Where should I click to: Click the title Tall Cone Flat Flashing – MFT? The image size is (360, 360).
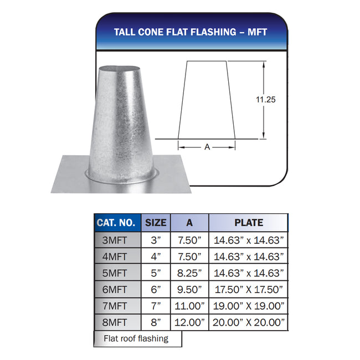tap(191, 32)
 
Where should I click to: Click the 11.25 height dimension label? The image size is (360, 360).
tap(265, 100)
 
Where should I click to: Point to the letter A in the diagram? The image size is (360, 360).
tap(207, 147)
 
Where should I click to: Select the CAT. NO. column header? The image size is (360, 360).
tap(116, 223)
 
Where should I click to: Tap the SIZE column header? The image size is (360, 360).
tap(156, 223)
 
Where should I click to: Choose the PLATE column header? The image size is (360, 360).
tap(249, 223)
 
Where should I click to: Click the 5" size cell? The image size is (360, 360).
tap(156, 273)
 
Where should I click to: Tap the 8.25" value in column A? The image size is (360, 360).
tap(189, 273)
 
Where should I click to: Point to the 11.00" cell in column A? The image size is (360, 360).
tap(189, 306)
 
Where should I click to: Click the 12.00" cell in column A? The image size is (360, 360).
tap(189, 322)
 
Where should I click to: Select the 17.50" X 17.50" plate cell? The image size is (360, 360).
tap(249, 289)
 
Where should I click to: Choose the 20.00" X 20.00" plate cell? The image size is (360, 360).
tap(249, 322)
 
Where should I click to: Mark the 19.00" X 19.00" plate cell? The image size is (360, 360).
tap(249, 306)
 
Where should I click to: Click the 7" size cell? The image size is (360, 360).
tap(156, 306)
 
